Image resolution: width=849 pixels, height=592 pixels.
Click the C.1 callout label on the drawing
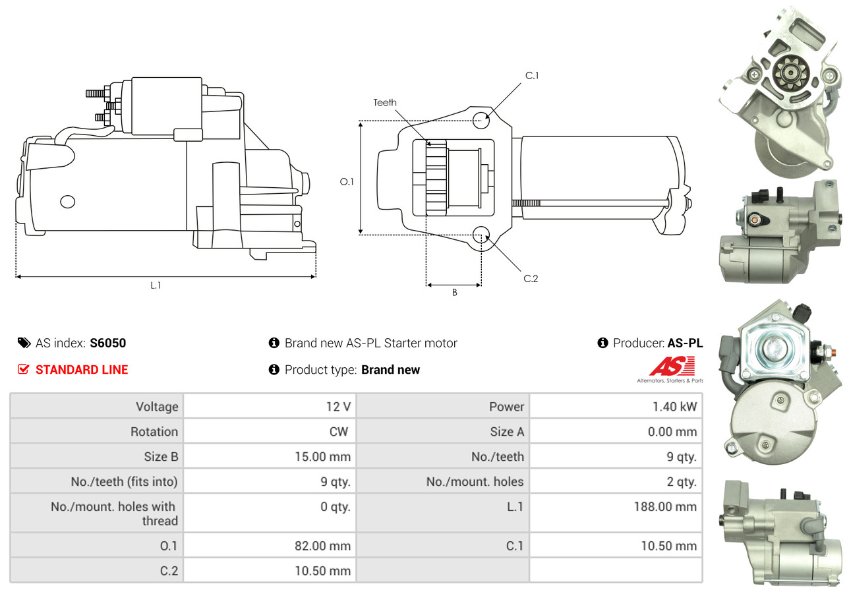[532, 76]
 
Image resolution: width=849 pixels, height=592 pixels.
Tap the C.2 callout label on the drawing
[531, 279]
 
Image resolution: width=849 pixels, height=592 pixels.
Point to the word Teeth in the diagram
[385, 103]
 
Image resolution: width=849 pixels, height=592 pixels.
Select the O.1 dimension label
[347, 182]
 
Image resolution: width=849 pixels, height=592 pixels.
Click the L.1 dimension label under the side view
[156, 285]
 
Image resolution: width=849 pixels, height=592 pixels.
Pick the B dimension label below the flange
[454, 292]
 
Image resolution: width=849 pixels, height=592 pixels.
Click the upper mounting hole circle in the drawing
[481, 121]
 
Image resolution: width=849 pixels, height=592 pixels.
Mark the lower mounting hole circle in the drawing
[481, 235]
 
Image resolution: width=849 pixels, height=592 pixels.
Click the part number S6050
[107, 343]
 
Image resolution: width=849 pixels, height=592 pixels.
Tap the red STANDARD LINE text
[82, 370]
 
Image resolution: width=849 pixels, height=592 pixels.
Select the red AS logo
[672, 366]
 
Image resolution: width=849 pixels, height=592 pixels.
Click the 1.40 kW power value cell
[675, 407]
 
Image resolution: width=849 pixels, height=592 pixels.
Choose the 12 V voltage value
[338, 407]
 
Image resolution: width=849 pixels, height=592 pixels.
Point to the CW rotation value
[338, 432]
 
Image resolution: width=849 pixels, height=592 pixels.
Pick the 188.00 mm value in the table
[666, 507]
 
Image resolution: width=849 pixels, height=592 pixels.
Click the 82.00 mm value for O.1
[323, 546]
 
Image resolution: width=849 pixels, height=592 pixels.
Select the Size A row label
[507, 432]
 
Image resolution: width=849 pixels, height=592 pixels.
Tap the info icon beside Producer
[602, 343]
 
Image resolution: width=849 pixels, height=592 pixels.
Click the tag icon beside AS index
[24, 343]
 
